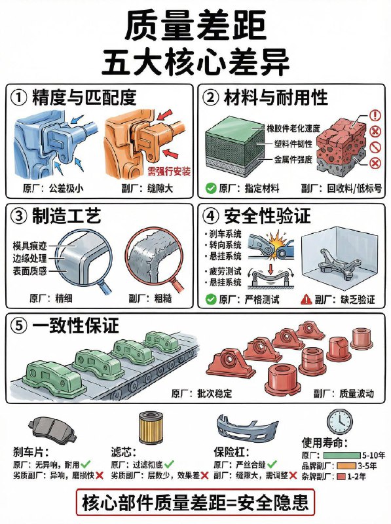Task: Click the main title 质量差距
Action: [x=195, y=26]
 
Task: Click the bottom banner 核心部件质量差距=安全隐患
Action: [x=195, y=503]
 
